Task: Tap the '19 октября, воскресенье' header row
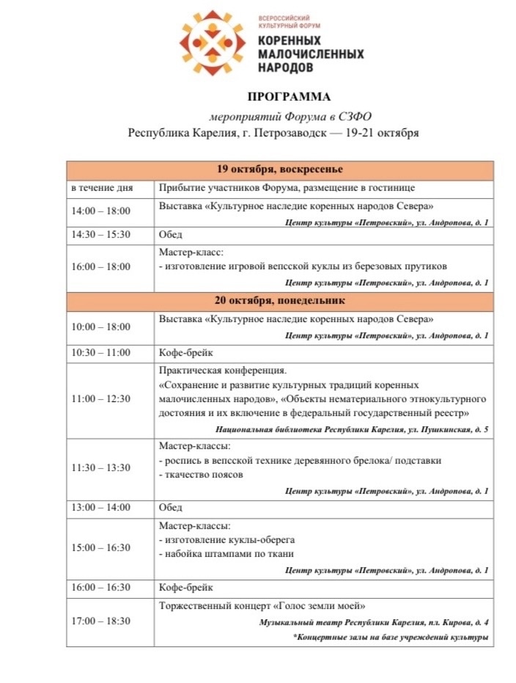tap(279, 171)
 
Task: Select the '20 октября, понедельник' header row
tap(279, 302)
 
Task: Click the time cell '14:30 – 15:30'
tap(100, 235)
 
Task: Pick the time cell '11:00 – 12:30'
tap(100, 399)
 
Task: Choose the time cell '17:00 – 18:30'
tap(100, 621)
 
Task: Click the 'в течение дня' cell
tap(102, 189)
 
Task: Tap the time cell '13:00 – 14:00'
tap(100, 508)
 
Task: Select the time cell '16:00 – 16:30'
tap(100, 588)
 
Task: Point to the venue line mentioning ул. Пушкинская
tap(352, 430)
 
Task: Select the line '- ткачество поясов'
tap(200, 475)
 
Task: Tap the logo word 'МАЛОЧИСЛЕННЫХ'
tap(311, 54)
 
